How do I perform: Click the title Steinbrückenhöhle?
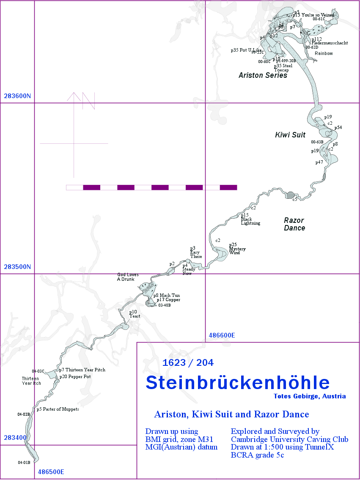[237, 382]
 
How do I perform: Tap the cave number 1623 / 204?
[188, 362]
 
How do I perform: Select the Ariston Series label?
[263, 75]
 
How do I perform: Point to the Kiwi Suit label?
[290, 135]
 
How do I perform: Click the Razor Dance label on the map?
[294, 224]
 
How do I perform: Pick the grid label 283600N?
[17, 96]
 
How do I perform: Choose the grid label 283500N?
[17, 267]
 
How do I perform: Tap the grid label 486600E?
[222, 335]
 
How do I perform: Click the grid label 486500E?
[51, 472]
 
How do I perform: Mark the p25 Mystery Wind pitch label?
[237, 249]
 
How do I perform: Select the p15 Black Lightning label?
[250, 219]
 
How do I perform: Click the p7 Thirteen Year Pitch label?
[82, 370]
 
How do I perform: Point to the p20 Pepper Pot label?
[75, 376]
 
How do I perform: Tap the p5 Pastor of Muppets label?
[58, 409]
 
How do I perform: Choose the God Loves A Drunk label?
[126, 277]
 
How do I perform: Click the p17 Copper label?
[168, 299]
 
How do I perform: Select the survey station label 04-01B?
[24, 462]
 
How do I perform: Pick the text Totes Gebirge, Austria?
[310, 396]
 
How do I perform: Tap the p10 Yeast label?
[135, 314]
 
